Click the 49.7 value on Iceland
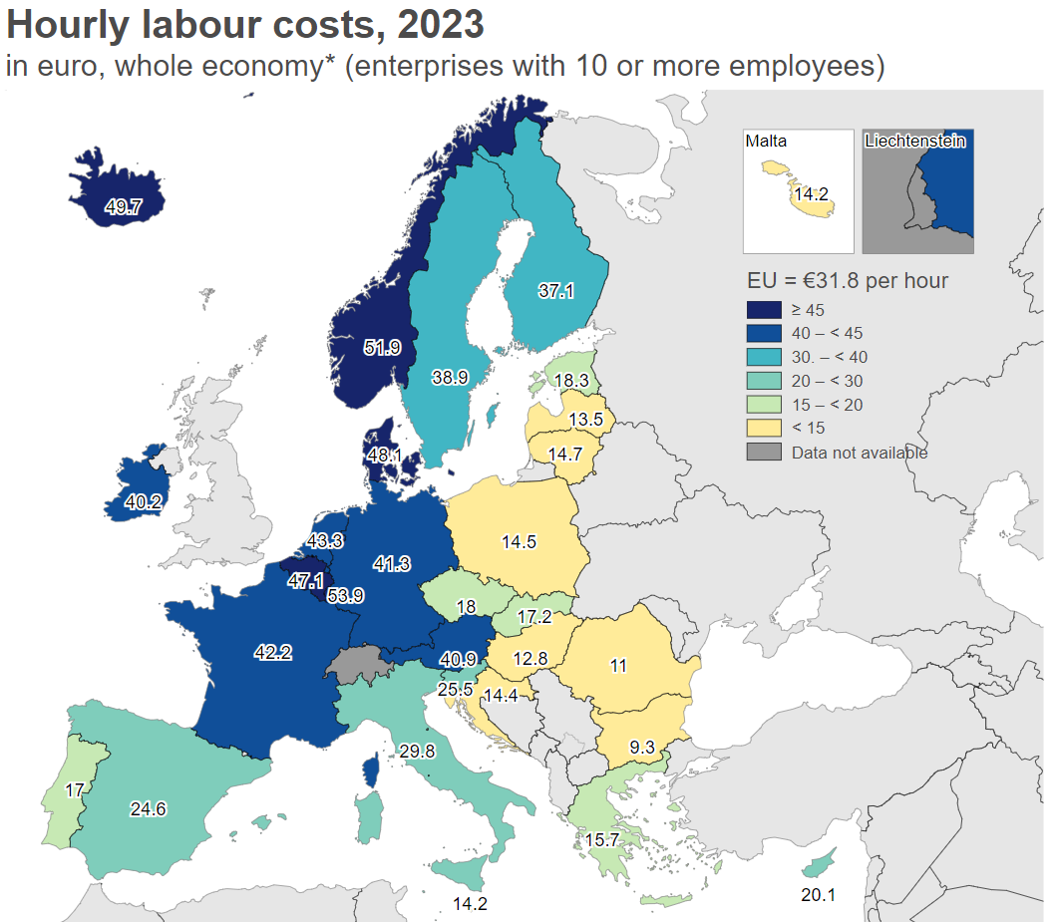(x=124, y=207)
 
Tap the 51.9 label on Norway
(x=382, y=348)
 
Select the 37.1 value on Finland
(x=556, y=291)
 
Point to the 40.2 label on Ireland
(x=144, y=502)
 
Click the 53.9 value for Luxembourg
(x=345, y=596)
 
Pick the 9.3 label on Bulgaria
(x=642, y=746)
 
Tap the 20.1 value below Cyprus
(x=818, y=895)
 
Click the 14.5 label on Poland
(x=520, y=542)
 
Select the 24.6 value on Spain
(x=148, y=808)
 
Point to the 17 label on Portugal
(x=74, y=790)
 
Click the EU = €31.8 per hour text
(x=847, y=281)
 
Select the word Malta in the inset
(x=766, y=142)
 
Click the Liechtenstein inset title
(x=915, y=142)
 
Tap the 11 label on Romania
(x=618, y=666)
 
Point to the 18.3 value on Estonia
(x=571, y=380)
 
